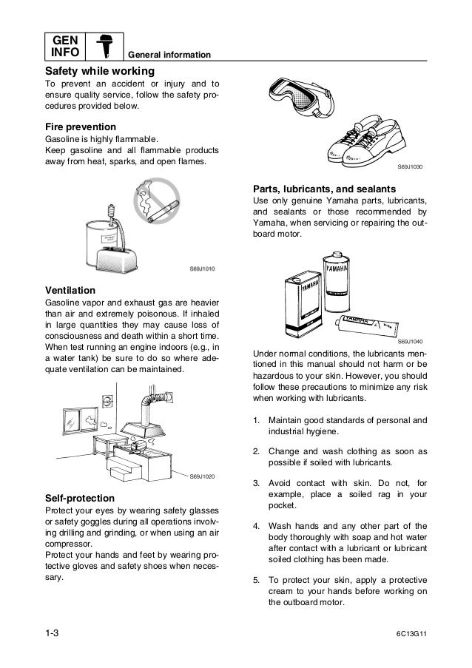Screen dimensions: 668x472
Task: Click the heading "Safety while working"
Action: pyautogui.click(x=100, y=72)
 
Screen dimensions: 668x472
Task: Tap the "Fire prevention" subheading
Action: pyautogui.click(x=81, y=126)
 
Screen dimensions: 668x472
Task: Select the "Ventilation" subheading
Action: pyautogui.click(x=70, y=289)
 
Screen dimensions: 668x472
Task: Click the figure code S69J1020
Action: pyautogui.click(x=202, y=476)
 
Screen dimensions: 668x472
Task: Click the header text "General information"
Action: pyautogui.click(x=169, y=56)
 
